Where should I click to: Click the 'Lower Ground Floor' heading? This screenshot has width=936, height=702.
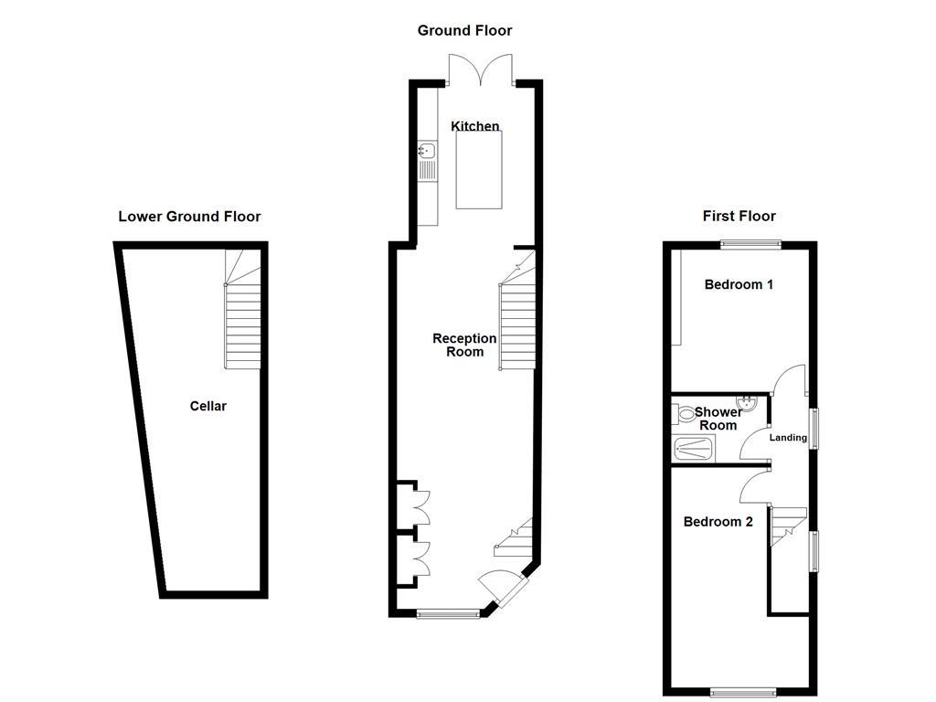click(189, 217)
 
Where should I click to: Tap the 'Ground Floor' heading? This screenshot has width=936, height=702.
click(464, 30)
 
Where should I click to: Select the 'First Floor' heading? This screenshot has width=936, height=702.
click(739, 217)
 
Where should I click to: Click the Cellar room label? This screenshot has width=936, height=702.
click(207, 406)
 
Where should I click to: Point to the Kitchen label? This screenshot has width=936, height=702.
click(475, 126)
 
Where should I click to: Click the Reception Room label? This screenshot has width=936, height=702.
click(464, 345)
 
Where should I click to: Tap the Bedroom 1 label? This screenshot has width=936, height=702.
click(739, 284)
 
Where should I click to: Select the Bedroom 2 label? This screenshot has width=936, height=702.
click(718, 522)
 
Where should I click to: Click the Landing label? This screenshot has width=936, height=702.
click(788, 438)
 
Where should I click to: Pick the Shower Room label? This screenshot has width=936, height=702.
click(718, 419)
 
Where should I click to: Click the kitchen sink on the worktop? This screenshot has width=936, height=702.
click(426, 149)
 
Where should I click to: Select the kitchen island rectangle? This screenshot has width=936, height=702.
click(479, 169)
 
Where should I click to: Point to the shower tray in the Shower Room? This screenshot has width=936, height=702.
click(695, 448)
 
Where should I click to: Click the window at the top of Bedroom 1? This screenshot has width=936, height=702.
click(750, 243)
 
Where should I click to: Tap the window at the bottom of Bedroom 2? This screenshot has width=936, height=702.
click(741, 692)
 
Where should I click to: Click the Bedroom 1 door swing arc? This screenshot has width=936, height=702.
click(788, 377)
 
